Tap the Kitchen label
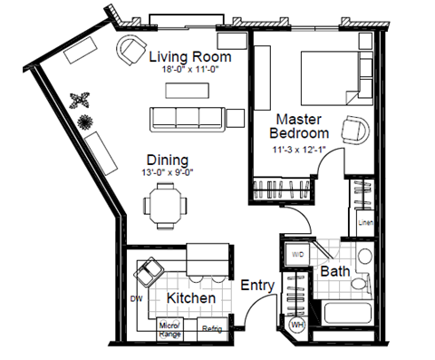pos(190,297)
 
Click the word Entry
pos(257,286)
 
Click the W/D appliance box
pos(297,256)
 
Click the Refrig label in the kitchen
pos(213,328)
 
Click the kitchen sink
pos(148,270)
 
